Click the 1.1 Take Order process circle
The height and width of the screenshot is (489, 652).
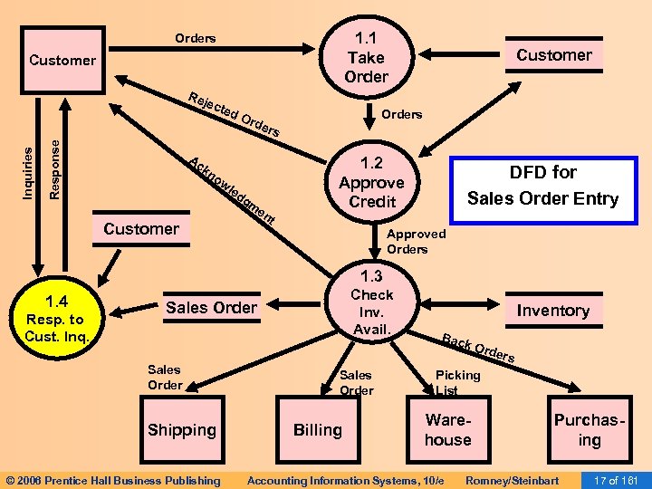pyautogui.click(x=366, y=56)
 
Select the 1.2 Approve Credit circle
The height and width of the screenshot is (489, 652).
pyautogui.click(x=372, y=182)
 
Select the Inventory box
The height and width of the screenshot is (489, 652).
pyautogui.click(x=552, y=311)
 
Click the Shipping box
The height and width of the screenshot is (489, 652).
pyautogui.click(x=182, y=430)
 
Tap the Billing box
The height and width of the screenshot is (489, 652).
pyautogui.click(x=317, y=430)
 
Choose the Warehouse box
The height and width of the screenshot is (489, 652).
pyautogui.click(x=448, y=430)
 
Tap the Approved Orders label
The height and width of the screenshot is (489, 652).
pyautogui.click(x=416, y=242)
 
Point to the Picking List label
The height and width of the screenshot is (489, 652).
pyautogui.click(x=458, y=382)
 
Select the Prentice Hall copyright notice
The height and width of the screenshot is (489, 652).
pyautogui.click(x=112, y=480)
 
